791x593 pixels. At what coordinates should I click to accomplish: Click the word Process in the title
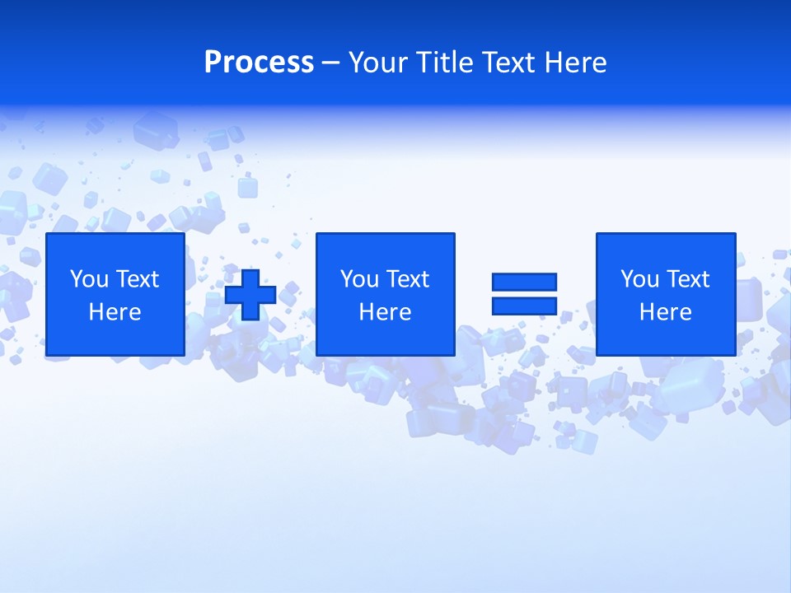tap(259, 63)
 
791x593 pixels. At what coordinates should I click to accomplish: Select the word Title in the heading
tap(445, 63)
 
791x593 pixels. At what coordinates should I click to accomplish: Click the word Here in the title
tap(576, 63)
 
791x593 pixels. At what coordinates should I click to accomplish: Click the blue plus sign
tap(250, 295)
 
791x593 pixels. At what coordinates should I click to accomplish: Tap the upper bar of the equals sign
tap(524, 282)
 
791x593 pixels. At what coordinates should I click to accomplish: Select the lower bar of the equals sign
tap(524, 306)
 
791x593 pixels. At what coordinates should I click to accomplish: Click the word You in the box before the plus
tap(89, 279)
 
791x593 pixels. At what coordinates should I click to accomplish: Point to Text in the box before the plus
tap(136, 279)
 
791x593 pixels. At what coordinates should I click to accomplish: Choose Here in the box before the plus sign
tap(115, 312)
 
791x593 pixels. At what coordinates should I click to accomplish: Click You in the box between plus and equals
tap(359, 279)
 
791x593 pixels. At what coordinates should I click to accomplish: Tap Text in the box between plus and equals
tap(406, 279)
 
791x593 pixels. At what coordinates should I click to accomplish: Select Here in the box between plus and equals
tap(385, 312)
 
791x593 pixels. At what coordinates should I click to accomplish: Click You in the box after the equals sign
tap(639, 279)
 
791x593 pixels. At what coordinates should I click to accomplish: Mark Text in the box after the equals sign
tap(686, 279)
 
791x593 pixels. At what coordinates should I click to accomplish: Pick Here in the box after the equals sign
tap(665, 312)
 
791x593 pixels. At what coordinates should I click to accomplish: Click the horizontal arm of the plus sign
tap(234, 295)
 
